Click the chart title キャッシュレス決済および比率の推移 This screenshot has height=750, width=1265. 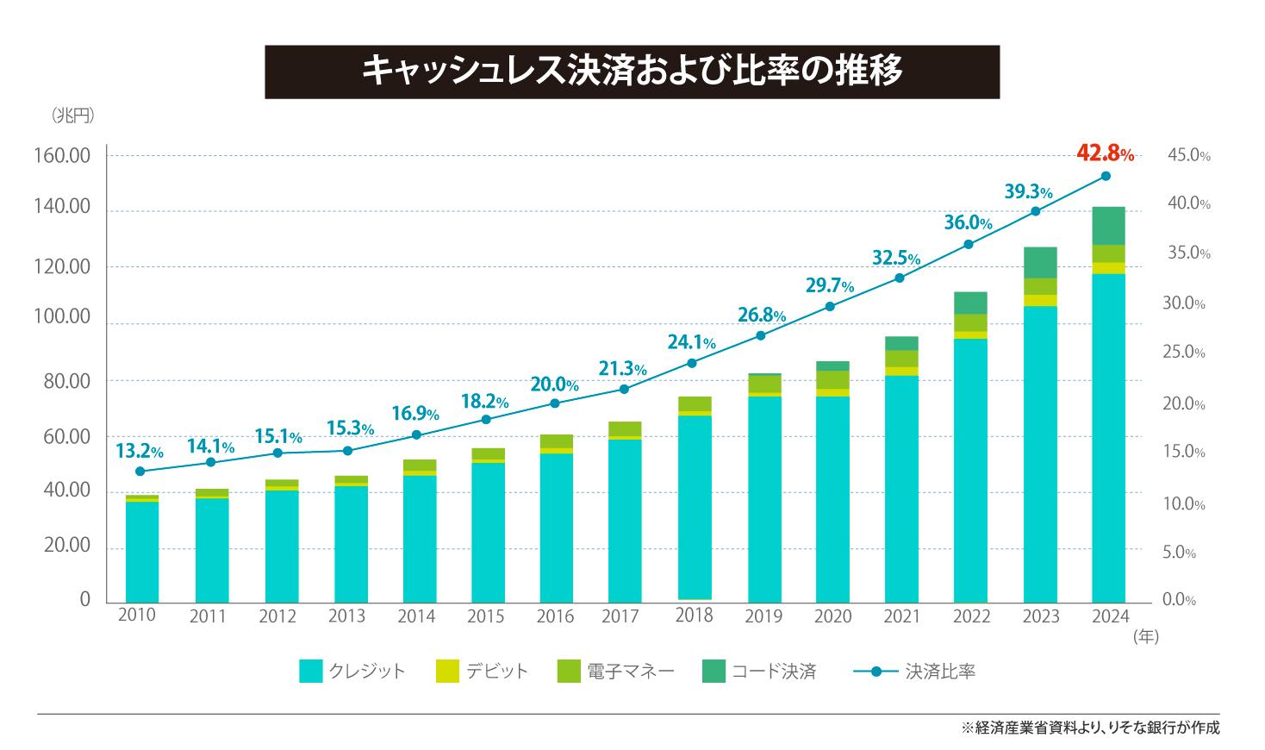pos(632,72)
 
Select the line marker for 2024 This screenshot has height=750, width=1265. pos(1106,176)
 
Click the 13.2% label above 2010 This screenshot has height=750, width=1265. pos(139,451)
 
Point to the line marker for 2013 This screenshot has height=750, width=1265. pos(347,451)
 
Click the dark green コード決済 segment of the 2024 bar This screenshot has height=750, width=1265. pos(1108,226)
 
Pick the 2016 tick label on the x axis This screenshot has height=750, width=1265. pos(555,616)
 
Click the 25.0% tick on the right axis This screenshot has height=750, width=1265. pos(1183,353)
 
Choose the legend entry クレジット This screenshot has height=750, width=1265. pos(352,672)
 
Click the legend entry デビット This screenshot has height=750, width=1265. pos(482,672)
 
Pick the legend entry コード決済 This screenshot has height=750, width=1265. pos(759,672)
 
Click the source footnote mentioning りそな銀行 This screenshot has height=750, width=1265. pos(1090,728)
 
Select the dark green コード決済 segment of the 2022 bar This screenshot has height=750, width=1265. pos(969,303)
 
